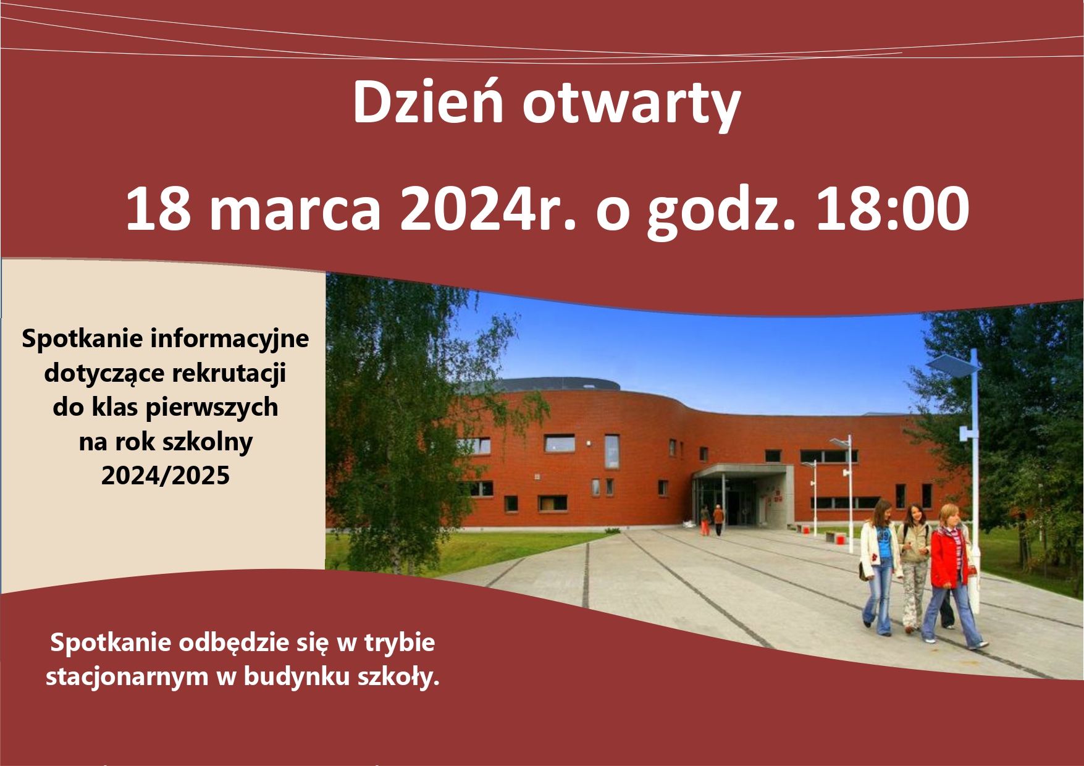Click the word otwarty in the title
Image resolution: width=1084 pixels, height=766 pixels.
click(x=631, y=106)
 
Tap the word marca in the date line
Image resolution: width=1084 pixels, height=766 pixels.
click(x=296, y=210)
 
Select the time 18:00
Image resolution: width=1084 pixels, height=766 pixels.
click(x=893, y=209)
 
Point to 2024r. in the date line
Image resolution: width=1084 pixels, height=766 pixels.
click(x=488, y=209)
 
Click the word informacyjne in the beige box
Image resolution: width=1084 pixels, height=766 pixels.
click(x=230, y=339)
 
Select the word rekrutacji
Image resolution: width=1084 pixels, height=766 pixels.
click(x=229, y=373)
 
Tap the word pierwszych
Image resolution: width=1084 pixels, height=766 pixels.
click(x=212, y=408)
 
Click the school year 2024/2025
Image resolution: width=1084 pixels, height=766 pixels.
click(x=166, y=476)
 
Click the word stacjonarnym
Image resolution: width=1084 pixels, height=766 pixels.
click(x=127, y=677)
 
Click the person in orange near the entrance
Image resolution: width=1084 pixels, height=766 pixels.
click(x=718, y=520)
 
